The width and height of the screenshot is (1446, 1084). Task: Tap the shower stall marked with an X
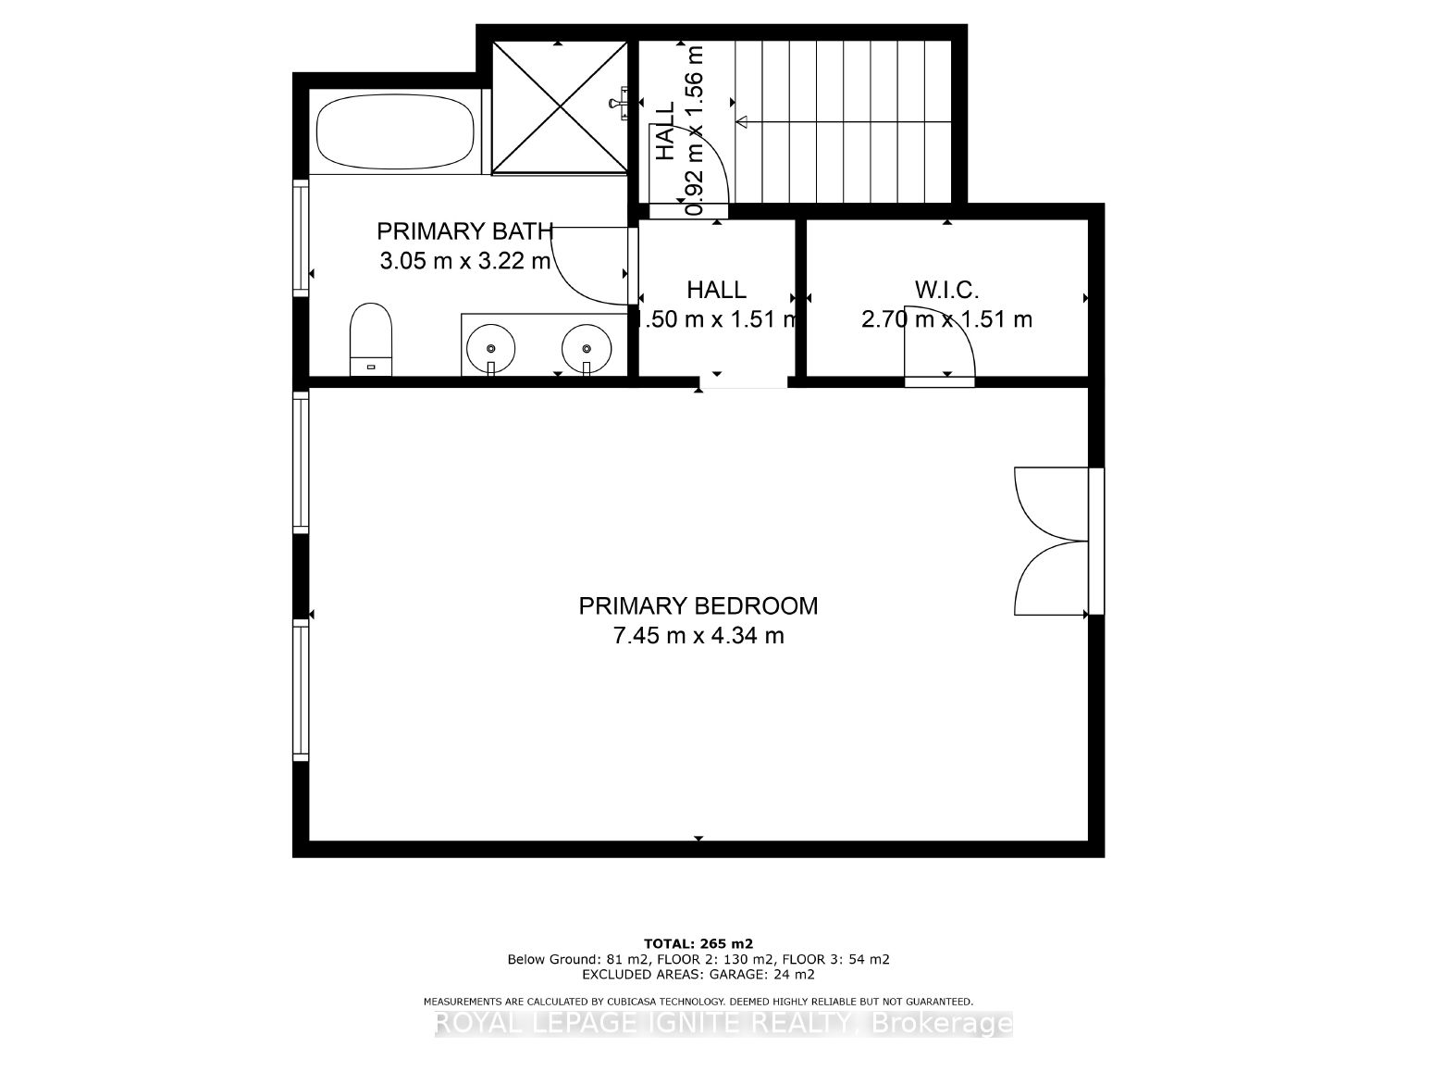click(560, 107)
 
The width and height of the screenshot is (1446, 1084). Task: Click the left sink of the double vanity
click(490, 348)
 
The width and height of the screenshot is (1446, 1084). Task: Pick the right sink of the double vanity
click(587, 348)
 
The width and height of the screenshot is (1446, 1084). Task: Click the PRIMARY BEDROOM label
click(698, 605)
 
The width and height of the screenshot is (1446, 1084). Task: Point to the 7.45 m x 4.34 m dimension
click(698, 636)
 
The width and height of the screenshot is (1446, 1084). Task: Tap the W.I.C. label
click(946, 290)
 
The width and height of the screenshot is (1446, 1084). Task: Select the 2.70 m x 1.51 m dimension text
click(946, 319)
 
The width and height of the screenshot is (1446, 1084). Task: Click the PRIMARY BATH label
click(464, 231)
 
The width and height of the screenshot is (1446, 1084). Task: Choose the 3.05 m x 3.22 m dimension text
click(464, 261)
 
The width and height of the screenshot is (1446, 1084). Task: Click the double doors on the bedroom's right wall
click(1050, 542)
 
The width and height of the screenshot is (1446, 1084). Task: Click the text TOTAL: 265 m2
click(698, 944)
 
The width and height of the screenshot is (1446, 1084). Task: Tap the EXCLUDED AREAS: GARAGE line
click(698, 974)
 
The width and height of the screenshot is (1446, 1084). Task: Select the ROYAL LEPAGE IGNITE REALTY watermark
click(723, 1023)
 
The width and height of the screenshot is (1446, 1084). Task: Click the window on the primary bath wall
click(301, 237)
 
